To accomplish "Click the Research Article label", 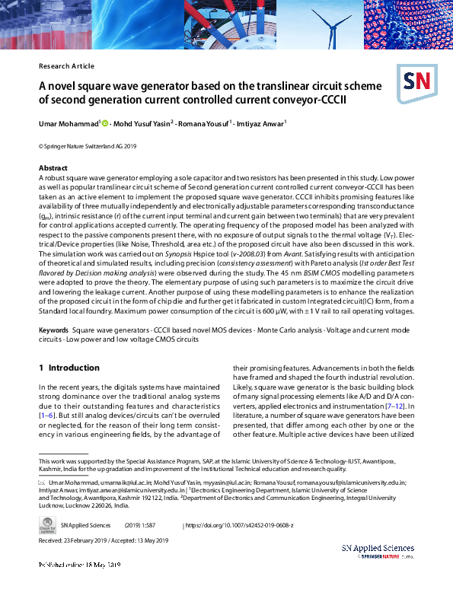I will tap(66, 66).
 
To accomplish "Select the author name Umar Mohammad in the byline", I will tap(68, 123).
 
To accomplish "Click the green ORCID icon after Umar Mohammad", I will tap(105, 123).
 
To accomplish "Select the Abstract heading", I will tap(53, 167).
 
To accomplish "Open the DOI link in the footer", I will tap(239, 525).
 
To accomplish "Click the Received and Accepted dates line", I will tap(103, 540).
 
